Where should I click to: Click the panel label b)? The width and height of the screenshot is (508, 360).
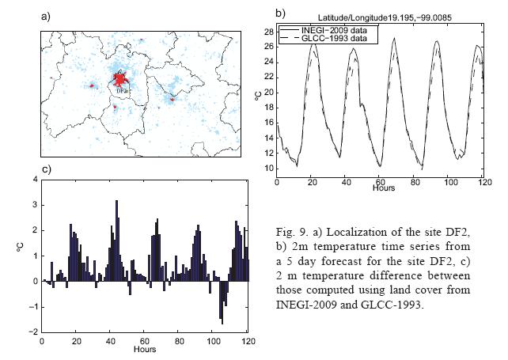point(280,13)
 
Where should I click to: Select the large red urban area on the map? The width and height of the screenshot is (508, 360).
point(121,80)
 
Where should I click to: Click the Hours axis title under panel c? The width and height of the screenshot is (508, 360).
point(144,349)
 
